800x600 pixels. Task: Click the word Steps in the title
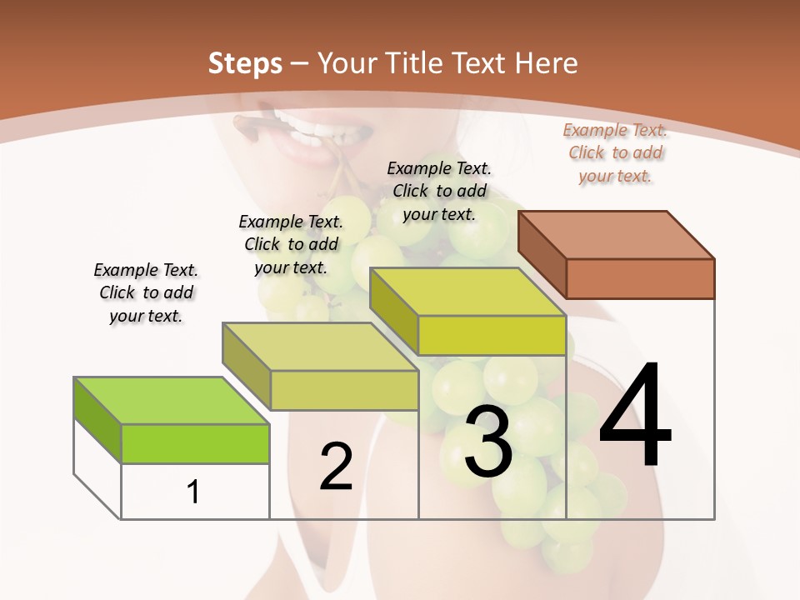pos(245,63)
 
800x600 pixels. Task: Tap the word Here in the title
pos(547,63)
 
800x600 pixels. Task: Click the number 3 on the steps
pos(488,442)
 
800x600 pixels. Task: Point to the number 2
pos(336,467)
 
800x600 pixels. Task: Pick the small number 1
pos(192,492)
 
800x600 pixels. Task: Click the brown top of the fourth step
pos(616,234)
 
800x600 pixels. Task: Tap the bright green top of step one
pos(172,401)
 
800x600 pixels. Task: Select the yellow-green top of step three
pos(467,292)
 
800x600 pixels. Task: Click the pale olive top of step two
pos(320,347)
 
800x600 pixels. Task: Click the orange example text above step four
pos(615,152)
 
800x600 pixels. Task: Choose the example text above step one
pos(146,292)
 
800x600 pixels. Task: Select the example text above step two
pos(291,244)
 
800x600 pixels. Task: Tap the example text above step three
pos(439,191)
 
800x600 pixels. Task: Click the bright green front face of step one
pos(195,443)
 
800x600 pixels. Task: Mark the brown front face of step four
pos(640,278)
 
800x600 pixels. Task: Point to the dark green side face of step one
pos(97,419)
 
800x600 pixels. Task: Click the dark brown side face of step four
pos(542,255)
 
